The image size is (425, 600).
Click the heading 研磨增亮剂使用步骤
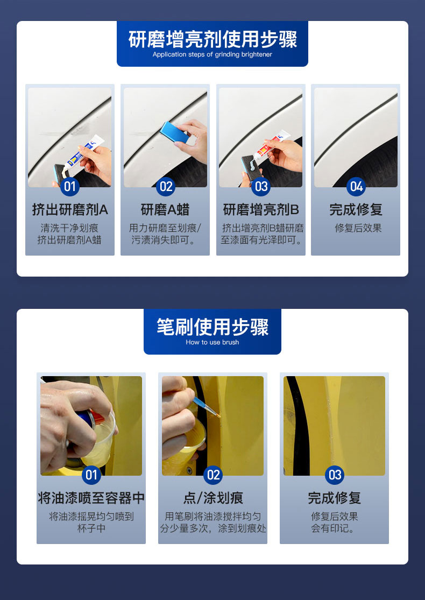(x=212, y=39)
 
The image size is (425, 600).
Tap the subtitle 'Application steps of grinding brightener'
(x=212, y=54)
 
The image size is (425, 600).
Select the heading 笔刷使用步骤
(x=212, y=327)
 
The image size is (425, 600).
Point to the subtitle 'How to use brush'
(x=212, y=342)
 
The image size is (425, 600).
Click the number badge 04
(x=356, y=187)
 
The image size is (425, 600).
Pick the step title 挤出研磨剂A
(x=70, y=210)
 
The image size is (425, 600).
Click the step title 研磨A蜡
(x=165, y=210)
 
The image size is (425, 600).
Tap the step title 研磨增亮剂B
(x=261, y=210)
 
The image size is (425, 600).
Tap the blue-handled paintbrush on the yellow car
(x=207, y=407)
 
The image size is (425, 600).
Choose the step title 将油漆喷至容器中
(x=91, y=498)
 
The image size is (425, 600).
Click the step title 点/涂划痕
(x=213, y=498)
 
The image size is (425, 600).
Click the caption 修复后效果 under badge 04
(x=358, y=228)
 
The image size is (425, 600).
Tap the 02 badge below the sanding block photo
(x=166, y=187)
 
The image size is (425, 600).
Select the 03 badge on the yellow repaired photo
(x=335, y=475)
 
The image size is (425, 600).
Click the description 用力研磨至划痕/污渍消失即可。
(x=165, y=234)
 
